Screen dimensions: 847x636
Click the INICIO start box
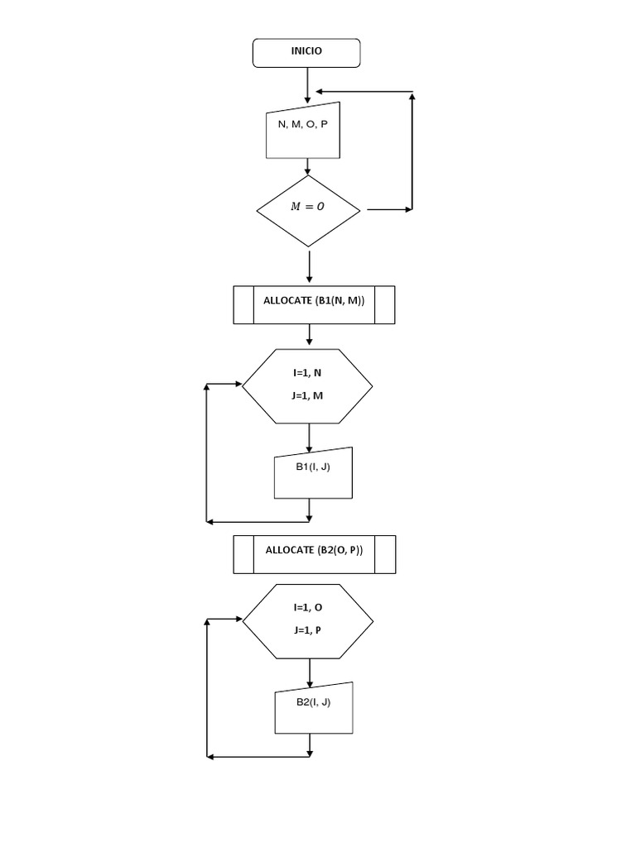coord(306,52)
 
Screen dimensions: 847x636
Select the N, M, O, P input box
coord(304,130)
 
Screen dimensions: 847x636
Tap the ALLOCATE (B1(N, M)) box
coord(314,304)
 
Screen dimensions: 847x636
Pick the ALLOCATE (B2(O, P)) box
coord(315,554)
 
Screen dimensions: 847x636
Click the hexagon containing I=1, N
coord(307,385)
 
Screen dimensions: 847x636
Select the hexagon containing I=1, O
coord(307,620)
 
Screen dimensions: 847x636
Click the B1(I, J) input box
coord(313,473)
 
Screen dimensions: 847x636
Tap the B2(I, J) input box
coord(314,708)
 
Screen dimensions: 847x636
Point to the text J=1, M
coord(307,395)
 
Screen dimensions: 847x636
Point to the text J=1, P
coord(307,630)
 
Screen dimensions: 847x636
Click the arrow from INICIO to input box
coord(307,84)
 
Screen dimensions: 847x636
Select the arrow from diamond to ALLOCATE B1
coord(309,266)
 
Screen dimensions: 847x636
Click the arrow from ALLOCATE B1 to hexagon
coord(309,335)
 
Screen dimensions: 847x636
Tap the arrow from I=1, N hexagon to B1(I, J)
coord(309,438)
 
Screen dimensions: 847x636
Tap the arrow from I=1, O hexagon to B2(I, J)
coord(309,673)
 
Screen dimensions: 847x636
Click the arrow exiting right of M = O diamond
coord(389,210)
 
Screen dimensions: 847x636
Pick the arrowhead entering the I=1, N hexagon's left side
coord(237,385)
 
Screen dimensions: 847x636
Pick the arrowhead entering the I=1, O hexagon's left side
coord(237,620)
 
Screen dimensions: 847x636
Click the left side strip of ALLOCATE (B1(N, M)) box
coord(243,304)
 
